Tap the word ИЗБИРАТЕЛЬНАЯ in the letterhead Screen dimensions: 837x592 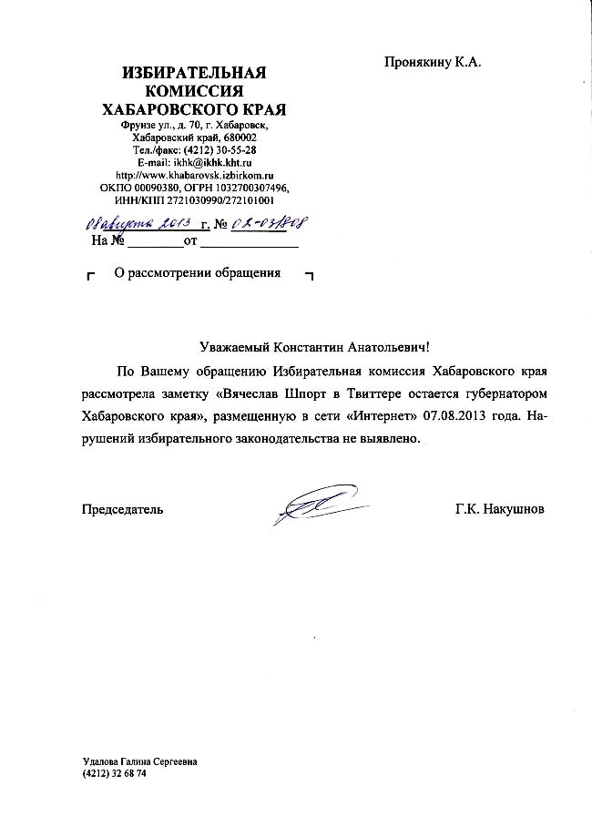(195, 73)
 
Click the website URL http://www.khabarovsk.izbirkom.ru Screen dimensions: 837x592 (195, 174)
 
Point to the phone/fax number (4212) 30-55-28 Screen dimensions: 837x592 (219, 149)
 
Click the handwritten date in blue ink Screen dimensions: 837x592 (137, 223)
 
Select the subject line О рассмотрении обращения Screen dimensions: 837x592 (197, 273)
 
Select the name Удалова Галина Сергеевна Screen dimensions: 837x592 (139, 761)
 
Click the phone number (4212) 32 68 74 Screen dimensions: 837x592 (115, 773)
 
